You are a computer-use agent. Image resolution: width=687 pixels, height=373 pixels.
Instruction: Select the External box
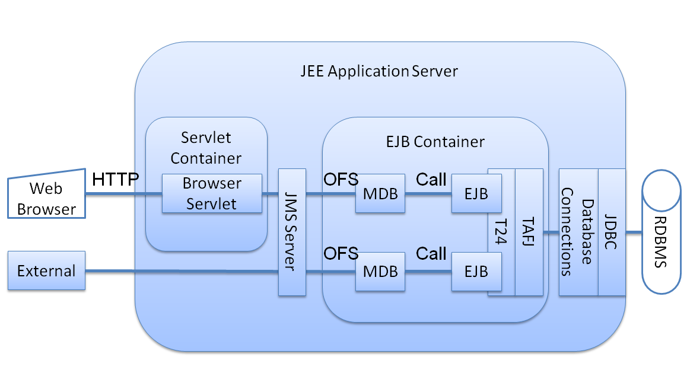tap(46, 271)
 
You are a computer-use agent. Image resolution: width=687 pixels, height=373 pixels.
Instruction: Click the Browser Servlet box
tap(212, 193)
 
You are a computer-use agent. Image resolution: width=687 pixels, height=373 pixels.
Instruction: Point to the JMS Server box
tap(292, 232)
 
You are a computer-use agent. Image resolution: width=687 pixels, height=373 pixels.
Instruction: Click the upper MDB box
tap(380, 193)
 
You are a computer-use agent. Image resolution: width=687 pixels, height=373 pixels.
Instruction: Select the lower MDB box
tap(380, 271)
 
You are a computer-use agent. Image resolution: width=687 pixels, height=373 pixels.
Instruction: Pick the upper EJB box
tap(476, 193)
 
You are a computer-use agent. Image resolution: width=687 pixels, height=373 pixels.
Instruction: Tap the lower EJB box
tap(476, 271)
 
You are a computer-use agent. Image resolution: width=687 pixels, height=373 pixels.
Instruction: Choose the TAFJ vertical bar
tap(529, 232)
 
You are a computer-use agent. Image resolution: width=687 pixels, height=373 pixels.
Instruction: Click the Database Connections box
tap(578, 232)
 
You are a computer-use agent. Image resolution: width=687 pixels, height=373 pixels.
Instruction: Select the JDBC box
tap(611, 232)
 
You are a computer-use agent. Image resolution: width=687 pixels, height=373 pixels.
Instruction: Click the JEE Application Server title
tap(379, 72)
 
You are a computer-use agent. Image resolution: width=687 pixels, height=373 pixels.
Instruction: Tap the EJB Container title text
tap(434, 142)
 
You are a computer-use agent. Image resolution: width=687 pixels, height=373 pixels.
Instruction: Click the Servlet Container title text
tap(206, 148)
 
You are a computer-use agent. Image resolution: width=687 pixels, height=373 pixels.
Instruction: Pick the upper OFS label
tap(341, 178)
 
